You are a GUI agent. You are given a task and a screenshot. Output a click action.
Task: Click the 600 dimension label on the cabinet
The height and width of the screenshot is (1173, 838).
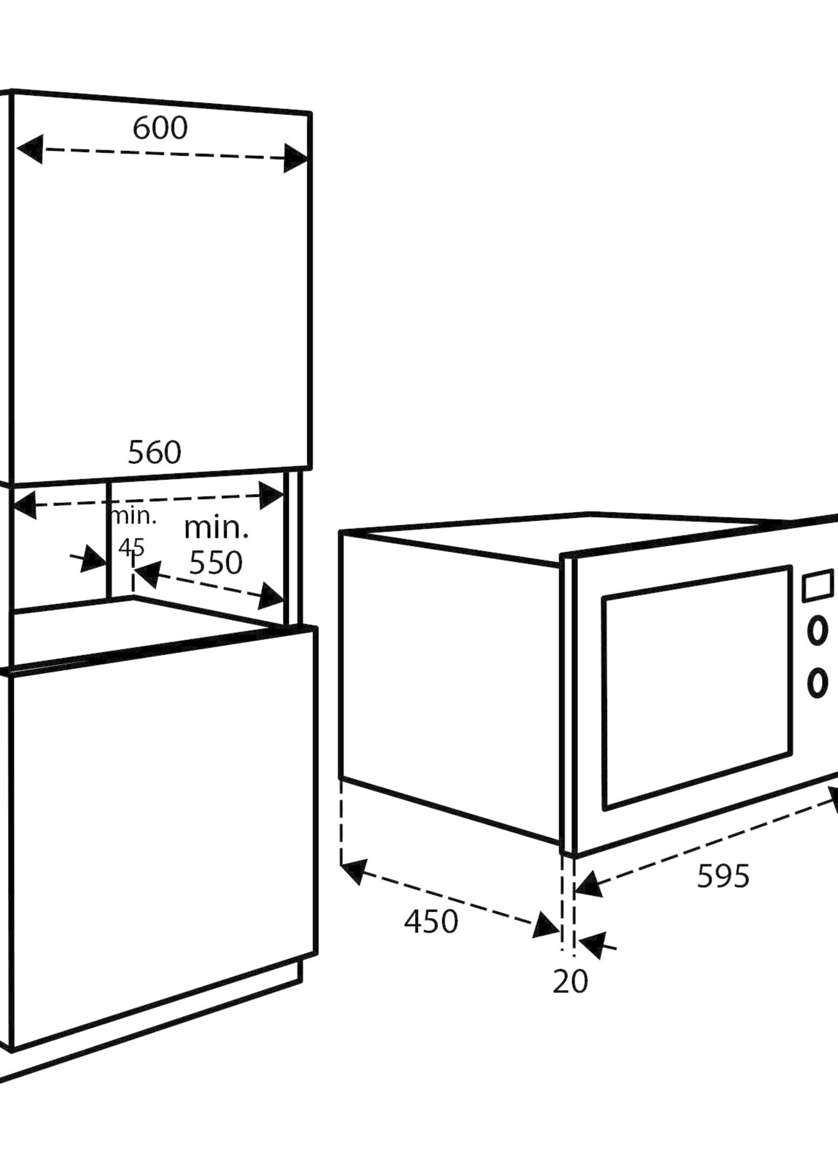click(160, 128)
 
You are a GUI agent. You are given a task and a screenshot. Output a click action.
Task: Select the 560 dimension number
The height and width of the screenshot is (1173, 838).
click(154, 452)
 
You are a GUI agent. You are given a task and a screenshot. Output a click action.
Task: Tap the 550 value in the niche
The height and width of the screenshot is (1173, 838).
click(215, 563)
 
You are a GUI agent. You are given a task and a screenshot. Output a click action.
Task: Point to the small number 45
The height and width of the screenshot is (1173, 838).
click(131, 547)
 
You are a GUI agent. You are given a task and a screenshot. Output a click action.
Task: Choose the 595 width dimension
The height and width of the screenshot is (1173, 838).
click(723, 876)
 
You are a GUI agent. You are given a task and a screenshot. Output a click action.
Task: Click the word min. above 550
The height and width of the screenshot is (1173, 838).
click(216, 529)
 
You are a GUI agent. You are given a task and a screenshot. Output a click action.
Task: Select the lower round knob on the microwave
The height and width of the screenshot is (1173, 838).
click(817, 682)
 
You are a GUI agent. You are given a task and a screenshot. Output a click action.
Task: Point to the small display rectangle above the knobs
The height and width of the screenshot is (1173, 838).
click(818, 585)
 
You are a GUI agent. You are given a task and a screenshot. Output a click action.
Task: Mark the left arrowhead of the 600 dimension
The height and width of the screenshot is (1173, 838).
click(30, 149)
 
